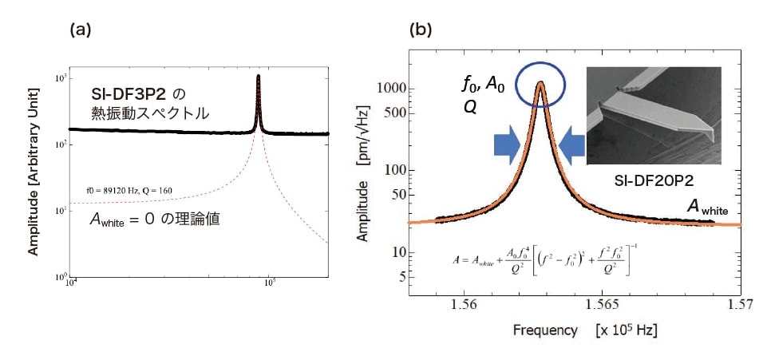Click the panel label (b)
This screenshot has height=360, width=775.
click(421, 30)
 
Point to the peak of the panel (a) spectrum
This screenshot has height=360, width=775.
click(259, 77)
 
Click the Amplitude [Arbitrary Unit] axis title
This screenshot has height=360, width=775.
click(35, 183)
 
